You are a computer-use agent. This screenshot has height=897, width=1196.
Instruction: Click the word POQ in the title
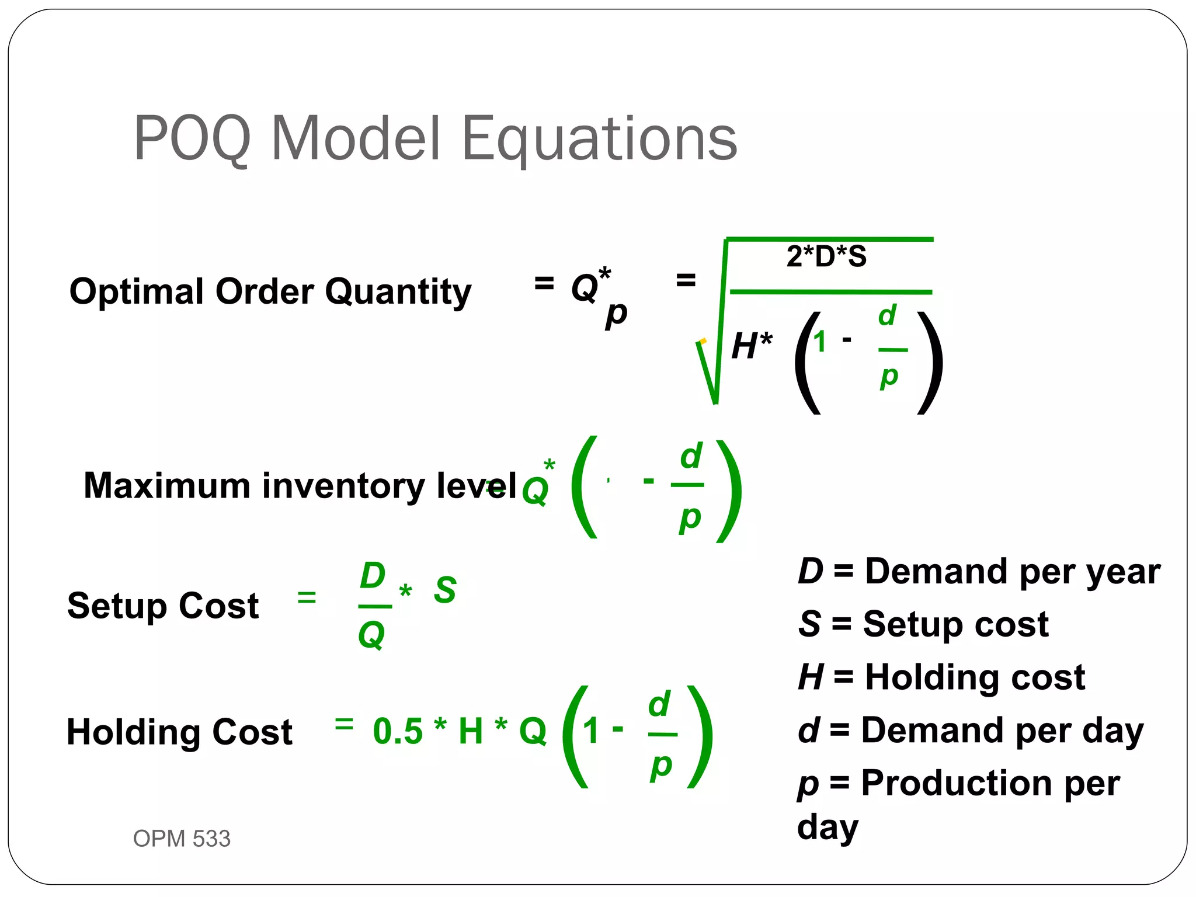pyautogui.click(x=193, y=139)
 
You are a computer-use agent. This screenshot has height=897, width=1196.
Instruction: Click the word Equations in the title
pyautogui.click(x=600, y=139)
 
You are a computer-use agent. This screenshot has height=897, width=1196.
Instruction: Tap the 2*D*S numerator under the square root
pyautogui.click(x=826, y=256)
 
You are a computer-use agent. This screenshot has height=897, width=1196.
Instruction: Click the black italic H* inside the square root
pyautogui.click(x=752, y=345)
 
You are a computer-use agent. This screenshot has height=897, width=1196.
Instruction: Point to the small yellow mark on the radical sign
pyautogui.click(x=703, y=341)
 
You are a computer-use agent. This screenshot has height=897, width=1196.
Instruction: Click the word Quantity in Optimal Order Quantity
pyautogui.click(x=398, y=291)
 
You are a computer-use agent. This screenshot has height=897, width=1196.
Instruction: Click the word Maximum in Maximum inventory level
pyautogui.click(x=167, y=486)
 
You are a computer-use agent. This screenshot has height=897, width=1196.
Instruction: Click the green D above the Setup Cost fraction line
pyautogui.click(x=373, y=576)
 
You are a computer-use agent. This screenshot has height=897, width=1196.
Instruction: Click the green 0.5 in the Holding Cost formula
pyautogui.click(x=398, y=731)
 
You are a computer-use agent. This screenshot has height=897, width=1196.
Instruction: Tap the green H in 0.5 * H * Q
pyautogui.click(x=471, y=731)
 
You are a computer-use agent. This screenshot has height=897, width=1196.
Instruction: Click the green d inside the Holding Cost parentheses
pyautogui.click(x=660, y=705)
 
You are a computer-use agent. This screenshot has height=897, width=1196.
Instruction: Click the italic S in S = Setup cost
pyautogui.click(x=809, y=624)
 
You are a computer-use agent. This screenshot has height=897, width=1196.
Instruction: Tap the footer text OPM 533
pyautogui.click(x=182, y=839)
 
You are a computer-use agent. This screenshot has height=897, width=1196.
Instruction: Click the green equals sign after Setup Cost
pyautogui.click(x=307, y=597)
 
